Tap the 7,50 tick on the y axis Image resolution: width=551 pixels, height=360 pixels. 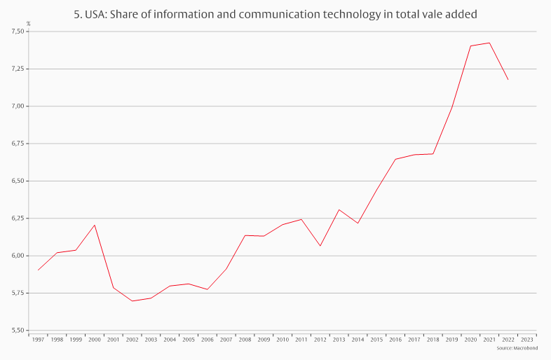click(18, 32)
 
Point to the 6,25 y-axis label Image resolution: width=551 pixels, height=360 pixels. click(18, 218)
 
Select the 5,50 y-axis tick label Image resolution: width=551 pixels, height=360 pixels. click(18, 330)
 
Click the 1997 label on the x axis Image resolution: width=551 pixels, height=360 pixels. click(38, 339)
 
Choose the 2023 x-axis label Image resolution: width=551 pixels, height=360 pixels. click(527, 339)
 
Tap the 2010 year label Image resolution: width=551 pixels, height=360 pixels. click(283, 339)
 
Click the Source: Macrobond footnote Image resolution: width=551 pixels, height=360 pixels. click(517, 347)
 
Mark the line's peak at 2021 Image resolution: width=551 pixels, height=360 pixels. click(489, 43)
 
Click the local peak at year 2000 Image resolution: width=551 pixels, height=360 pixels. click(95, 225)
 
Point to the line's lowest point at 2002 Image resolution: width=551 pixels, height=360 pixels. click(132, 301)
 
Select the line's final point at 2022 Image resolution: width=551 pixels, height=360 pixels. click(508, 80)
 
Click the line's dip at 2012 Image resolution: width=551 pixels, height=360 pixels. click(320, 246)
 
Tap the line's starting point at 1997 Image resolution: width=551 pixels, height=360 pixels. click(38, 270)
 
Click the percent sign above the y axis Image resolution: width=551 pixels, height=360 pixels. click(28, 24)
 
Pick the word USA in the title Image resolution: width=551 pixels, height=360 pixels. click(97, 14)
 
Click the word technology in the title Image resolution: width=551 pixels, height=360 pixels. click(372, 14)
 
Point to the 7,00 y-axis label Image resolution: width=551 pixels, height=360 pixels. click(18, 106)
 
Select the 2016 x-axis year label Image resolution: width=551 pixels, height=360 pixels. click(395, 339)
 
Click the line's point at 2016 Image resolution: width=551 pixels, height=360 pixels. click(395, 159)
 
